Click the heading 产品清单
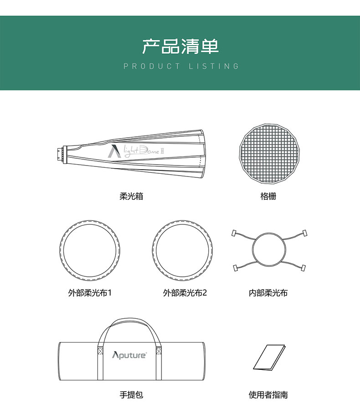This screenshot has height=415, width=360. pyautogui.click(x=180, y=47)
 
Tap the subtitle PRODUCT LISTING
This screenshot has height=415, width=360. pyautogui.click(x=181, y=66)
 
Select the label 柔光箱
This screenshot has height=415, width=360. pyautogui.click(x=131, y=196)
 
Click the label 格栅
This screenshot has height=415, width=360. pyautogui.click(x=268, y=196)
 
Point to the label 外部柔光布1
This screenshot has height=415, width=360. pyautogui.click(x=90, y=293)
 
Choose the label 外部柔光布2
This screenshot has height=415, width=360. pyautogui.click(x=185, y=293)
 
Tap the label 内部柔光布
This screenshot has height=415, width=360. pyautogui.click(x=268, y=293)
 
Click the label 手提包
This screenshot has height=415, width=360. pyautogui.click(x=131, y=394)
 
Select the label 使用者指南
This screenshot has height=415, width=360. pyautogui.click(x=268, y=394)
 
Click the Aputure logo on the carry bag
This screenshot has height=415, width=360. pyautogui.click(x=129, y=355)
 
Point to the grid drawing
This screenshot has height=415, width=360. pyautogui.click(x=269, y=154)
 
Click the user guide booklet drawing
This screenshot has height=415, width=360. pyautogui.click(x=269, y=357)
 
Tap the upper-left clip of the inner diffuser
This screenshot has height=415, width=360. pyautogui.click(x=234, y=233)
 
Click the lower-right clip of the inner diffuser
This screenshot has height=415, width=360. pyautogui.click(x=303, y=268)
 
